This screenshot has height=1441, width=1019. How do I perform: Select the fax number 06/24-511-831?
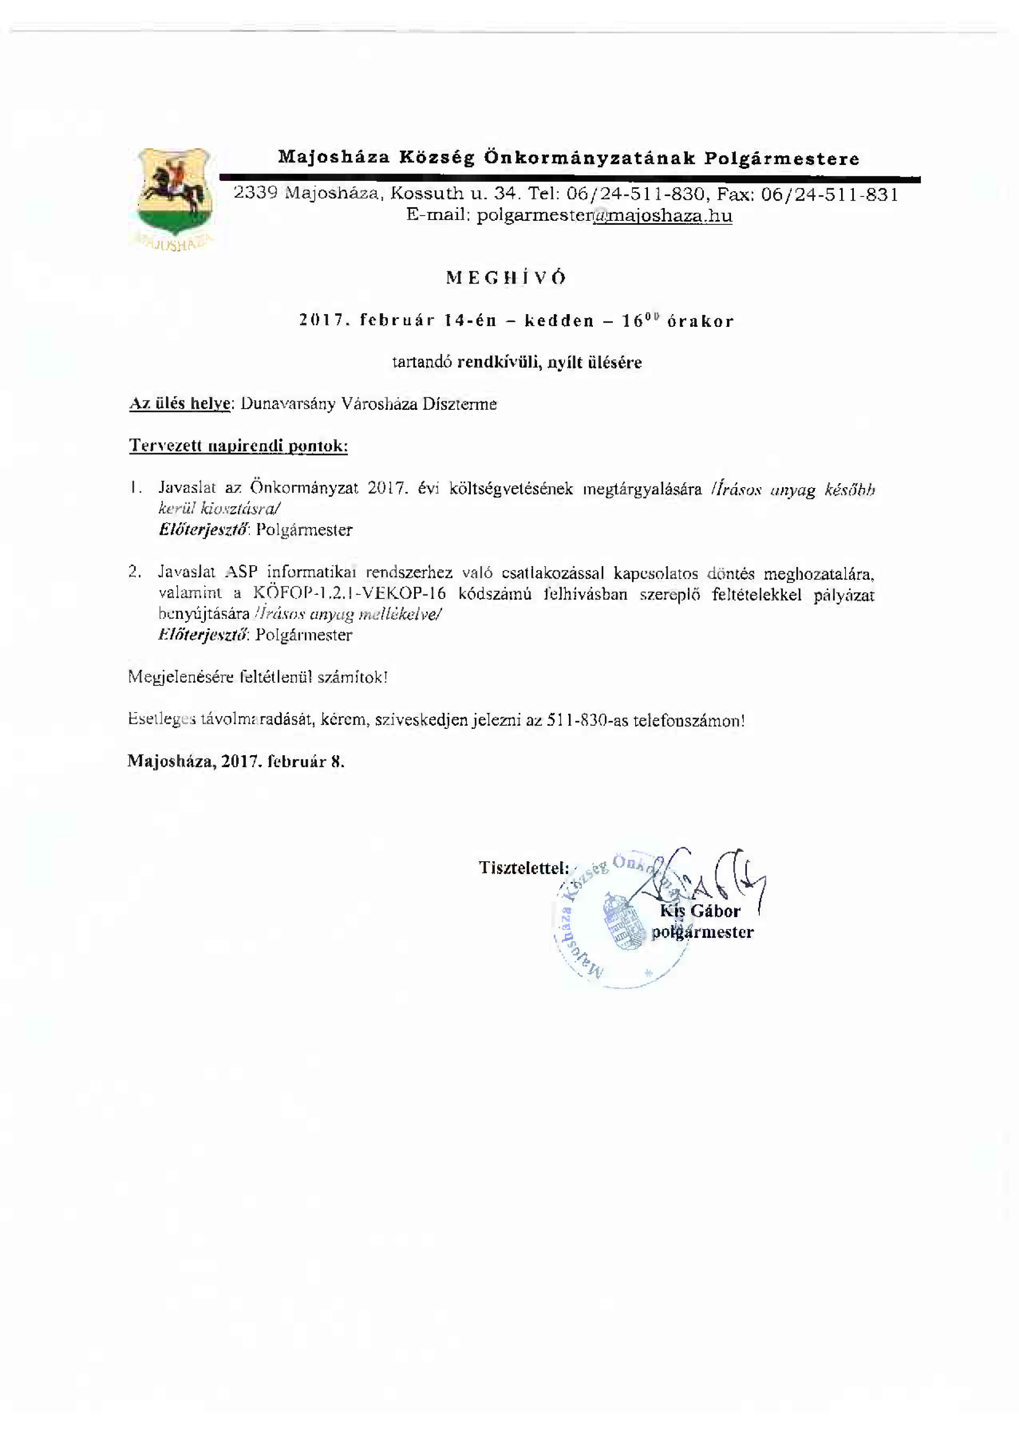(x=830, y=194)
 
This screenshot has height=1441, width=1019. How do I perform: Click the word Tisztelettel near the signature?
(x=523, y=868)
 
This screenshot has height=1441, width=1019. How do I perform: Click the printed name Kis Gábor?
(x=700, y=911)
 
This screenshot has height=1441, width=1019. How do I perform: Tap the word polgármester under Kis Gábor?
(x=702, y=932)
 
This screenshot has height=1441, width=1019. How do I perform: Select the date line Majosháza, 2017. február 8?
(x=236, y=762)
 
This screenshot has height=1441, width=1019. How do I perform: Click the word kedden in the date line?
(x=559, y=322)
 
